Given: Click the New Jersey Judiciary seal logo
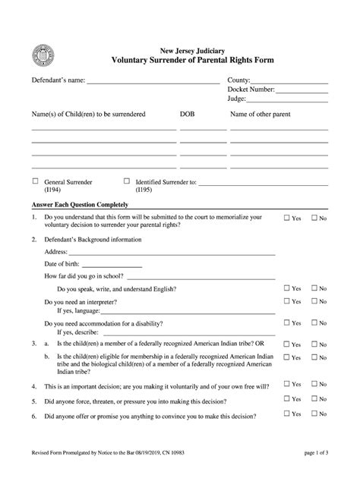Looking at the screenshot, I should pos(40,55).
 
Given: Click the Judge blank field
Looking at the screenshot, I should pos(296,101).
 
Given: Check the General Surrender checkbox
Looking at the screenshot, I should pos(35,181).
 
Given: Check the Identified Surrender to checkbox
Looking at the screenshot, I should pos(126,181).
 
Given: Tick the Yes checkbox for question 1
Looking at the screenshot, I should pos(287,219).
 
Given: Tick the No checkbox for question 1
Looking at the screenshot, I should pos(313,219).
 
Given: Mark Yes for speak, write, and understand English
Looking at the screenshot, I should pos(287,288).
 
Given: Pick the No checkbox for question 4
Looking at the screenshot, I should pos(313,385).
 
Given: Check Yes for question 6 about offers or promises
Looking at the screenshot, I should pos(287,414).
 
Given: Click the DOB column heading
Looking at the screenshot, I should pos(187,114).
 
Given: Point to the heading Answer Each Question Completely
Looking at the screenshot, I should pos(80,205).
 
